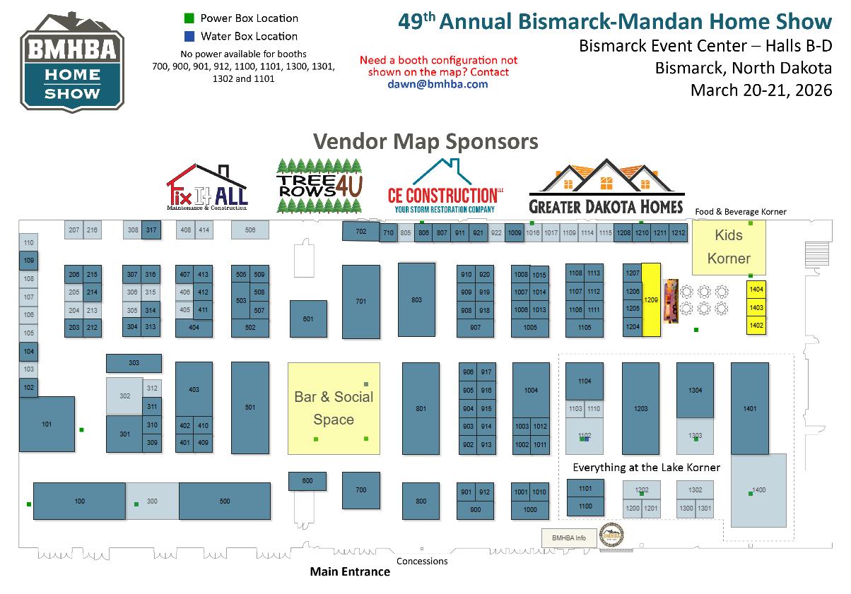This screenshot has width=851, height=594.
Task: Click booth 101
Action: (47, 424)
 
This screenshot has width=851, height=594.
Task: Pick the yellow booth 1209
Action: (651, 299)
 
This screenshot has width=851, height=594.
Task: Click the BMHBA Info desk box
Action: (569, 537)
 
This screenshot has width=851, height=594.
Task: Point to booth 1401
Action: (749, 408)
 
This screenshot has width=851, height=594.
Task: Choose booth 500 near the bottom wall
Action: (225, 501)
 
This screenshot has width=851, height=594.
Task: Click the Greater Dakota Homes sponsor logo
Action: (606, 186)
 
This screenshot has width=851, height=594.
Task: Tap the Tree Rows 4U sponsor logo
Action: (319, 185)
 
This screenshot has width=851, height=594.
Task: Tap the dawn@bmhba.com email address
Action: (438, 83)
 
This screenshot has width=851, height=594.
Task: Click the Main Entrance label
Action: (350, 571)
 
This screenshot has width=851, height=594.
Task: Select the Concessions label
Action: (422, 562)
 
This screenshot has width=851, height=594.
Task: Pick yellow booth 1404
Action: (756, 290)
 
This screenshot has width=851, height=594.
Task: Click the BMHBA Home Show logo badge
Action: (72, 61)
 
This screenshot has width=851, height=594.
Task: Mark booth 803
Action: (416, 300)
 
